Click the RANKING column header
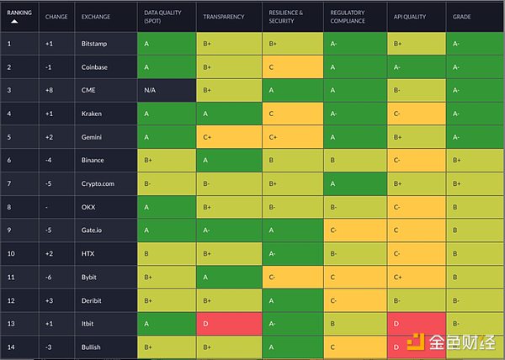(19, 13)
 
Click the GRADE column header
(461, 17)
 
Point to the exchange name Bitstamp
(94, 43)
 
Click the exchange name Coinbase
(95, 66)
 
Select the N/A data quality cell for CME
(151, 89)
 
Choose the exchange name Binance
(93, 159)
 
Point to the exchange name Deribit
(93, 299)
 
